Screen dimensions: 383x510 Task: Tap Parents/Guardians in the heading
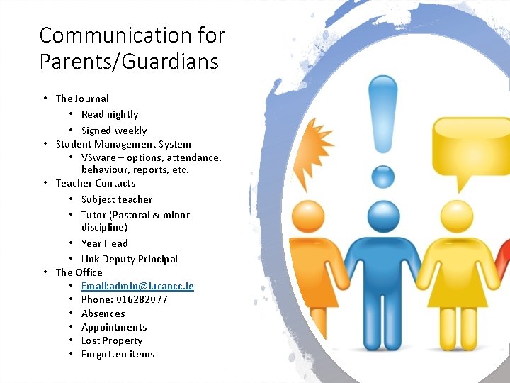(x=129, y=61)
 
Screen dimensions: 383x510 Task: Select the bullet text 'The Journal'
(x=82, y=99)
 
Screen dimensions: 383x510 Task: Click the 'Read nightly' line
(x=110, y=114)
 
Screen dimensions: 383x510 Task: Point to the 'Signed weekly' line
(x=114, y=131)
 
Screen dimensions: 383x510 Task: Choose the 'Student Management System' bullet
(x=123, y=144)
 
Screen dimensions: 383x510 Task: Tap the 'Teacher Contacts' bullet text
(x=96, y=183)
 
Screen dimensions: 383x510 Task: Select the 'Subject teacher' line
(x=117, y=199)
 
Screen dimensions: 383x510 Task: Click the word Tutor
(x=93, y=215)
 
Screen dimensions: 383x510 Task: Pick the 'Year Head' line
(x=105, y=243)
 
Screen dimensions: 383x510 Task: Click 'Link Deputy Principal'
(x=130, y=259)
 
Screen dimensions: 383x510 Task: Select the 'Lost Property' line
(x=112, y=340)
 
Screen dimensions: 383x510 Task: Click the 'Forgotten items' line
(x=118, y=354)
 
